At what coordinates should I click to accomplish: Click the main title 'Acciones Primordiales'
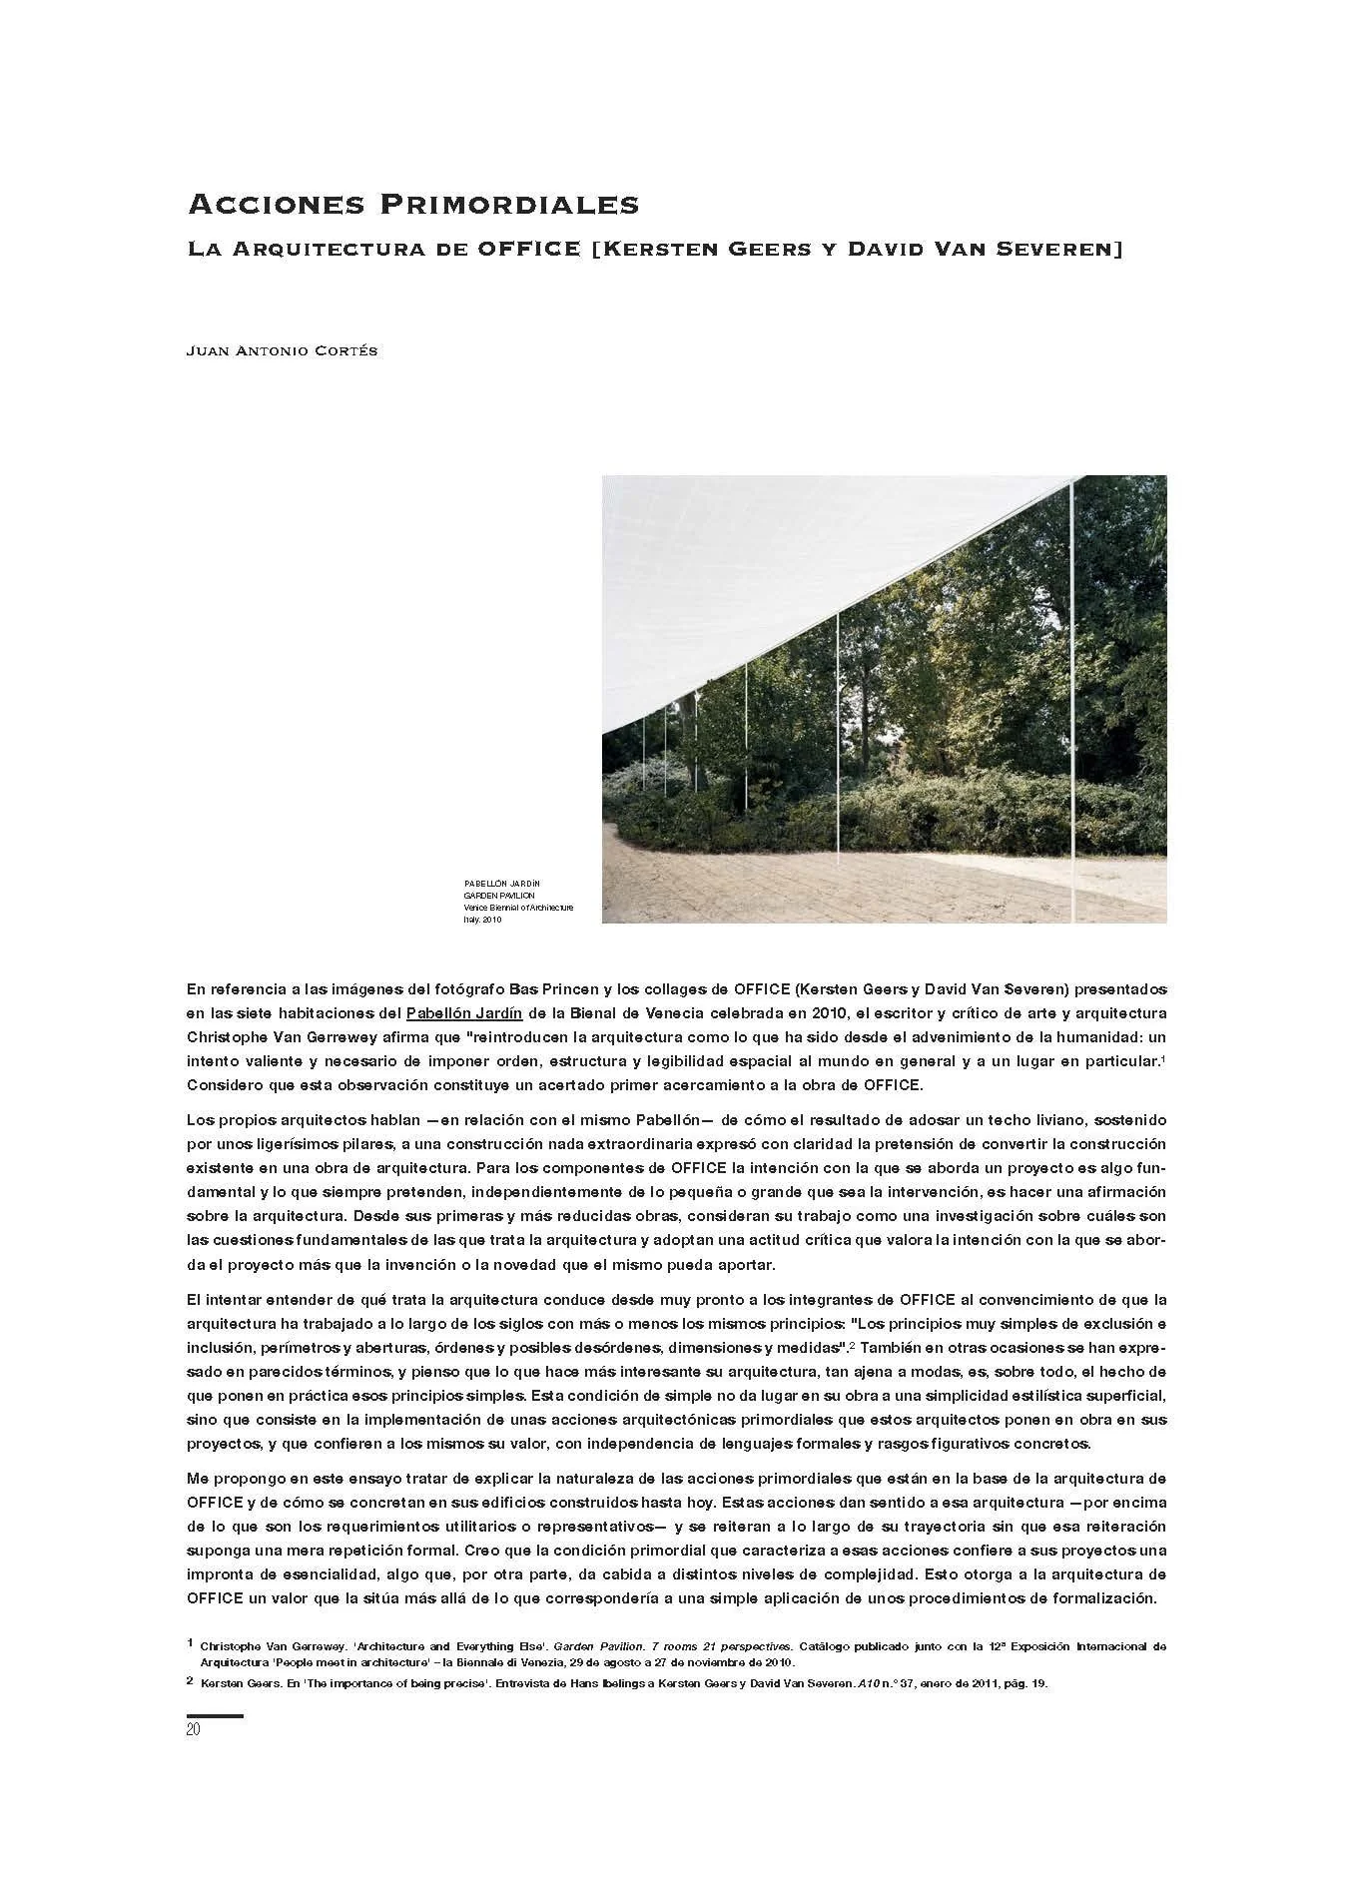tap(412, 205)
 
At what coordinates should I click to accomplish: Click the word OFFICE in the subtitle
tap(528, 248)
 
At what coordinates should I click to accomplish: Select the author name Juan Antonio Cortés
tap(282, 351)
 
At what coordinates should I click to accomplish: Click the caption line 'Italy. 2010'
tap(482, 920)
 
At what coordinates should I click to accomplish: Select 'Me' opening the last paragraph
tap(197, 1478)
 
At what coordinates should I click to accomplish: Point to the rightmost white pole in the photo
tap(1074, 699)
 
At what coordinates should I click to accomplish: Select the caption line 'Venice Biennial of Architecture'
tap(518, 908)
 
